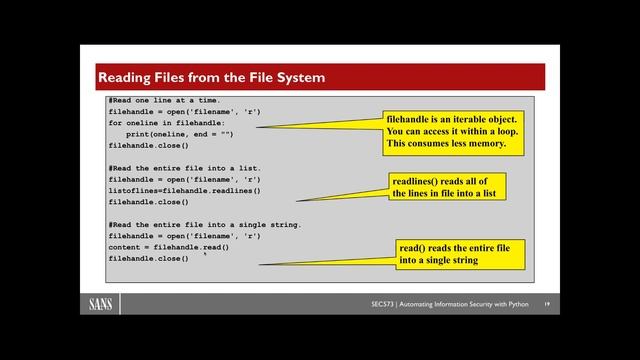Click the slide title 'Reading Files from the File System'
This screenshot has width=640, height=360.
pos(210,77)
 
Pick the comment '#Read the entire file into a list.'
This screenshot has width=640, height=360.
pos(184,168)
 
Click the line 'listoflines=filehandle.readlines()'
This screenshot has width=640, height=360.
pos(184,190)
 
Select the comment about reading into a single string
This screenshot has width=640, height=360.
pos(204,224)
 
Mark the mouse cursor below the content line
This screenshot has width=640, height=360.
pos(205,254)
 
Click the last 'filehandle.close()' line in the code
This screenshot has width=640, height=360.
pos(148,258)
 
